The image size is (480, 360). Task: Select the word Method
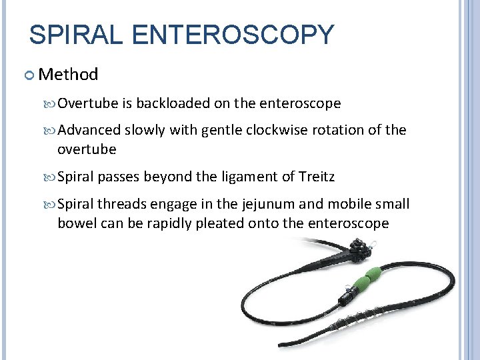click(68, 74)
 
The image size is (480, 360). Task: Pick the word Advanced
click(89, 130)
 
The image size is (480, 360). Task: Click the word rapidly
click(169, 223)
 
